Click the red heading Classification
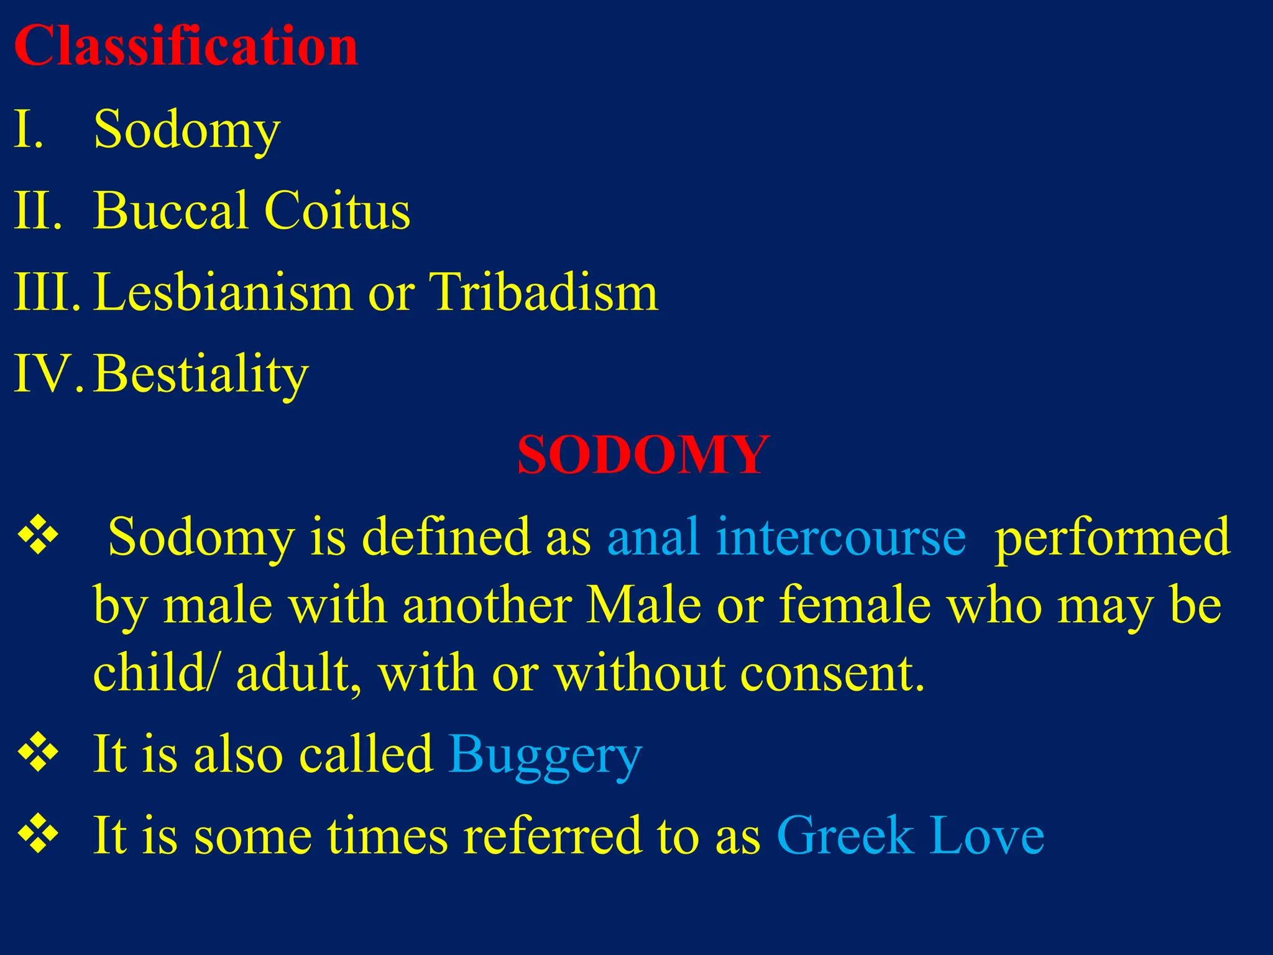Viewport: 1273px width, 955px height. coord(185,46)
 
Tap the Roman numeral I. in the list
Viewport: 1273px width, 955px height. coord(29,129)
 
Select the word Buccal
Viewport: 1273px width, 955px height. coord(170,210)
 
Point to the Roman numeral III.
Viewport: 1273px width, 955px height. coord(46,292)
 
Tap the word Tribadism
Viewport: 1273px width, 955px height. coord(543,292)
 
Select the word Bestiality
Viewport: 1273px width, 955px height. coord(201,374)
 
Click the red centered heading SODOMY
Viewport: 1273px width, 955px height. coord(643,455)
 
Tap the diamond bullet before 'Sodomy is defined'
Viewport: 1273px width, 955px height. coord(39,535)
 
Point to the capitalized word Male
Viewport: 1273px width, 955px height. coord(644,605)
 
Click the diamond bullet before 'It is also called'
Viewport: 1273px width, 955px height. coord(39,753)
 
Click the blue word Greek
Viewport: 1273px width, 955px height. coord(845,835)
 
